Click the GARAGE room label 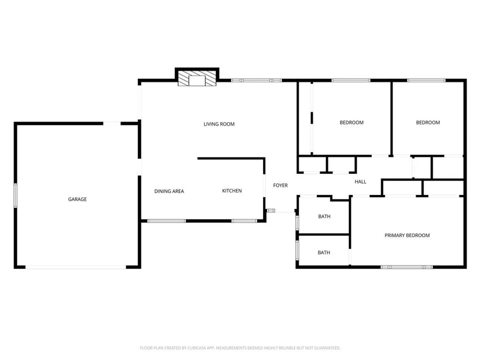pos(77,199)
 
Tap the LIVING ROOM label pos(219,124)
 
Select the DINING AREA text pos(169,191)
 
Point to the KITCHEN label pos(232,191)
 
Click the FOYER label pos(280,186)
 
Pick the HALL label pos(360,182)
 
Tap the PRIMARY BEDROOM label pos(407,235)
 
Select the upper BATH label pos(324,217)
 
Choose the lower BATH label pos(324,253)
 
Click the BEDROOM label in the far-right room pos(428,122)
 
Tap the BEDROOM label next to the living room pos(352,122)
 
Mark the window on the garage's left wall pos(15,195)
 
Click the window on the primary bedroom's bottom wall pos(406,267)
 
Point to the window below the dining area pos(166,221)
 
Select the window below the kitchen pos(244,221)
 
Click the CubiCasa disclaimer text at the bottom pos(240,348)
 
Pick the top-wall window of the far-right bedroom pos(426,81)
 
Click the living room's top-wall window pos(256,81)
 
